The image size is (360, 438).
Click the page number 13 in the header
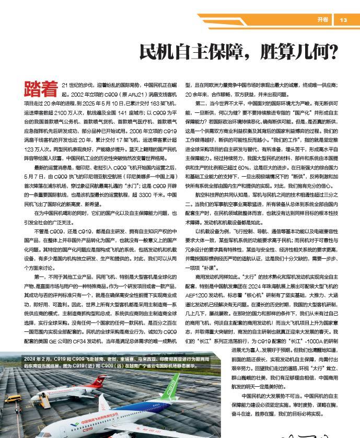(343, 20)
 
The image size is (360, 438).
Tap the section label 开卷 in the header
(323, 20)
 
